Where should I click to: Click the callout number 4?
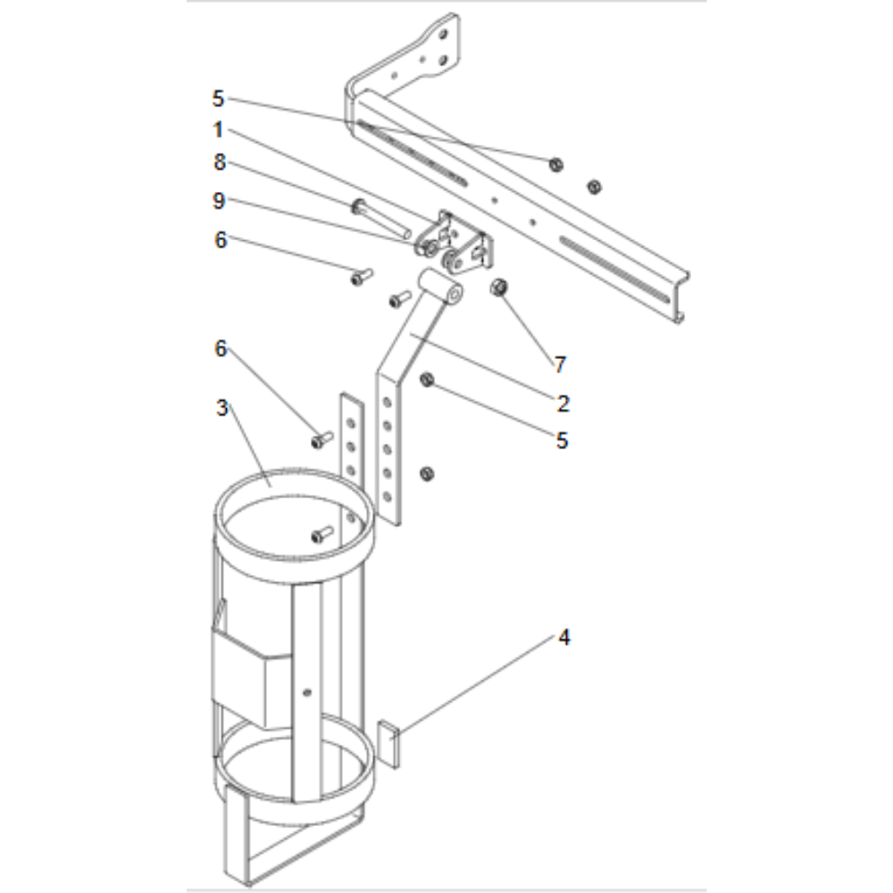pyautogui.click(x=563, y=638)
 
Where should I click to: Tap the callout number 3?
pyautogui.click(x=222, y=408)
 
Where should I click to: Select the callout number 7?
pyautogui.click(x=559, y=364)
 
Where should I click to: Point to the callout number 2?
pyautogui.click(x=563, y=403)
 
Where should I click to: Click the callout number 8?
pyautogui.click(x=219, y=163)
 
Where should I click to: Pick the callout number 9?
pyautogui.click(x=219, y=202)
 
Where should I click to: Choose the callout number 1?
pyautogui.click(x=219, y=129)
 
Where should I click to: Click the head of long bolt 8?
pyautogui.click(x=359, y=206)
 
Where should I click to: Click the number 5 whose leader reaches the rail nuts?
pyautogui.click(x=219, y=96)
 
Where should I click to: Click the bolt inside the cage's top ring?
pyautogui.click(x=321, y=535)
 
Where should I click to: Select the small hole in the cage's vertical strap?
pyautogui.click(x=306, y=690)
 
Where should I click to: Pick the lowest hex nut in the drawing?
pyautogui.click(x=427, y=472)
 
